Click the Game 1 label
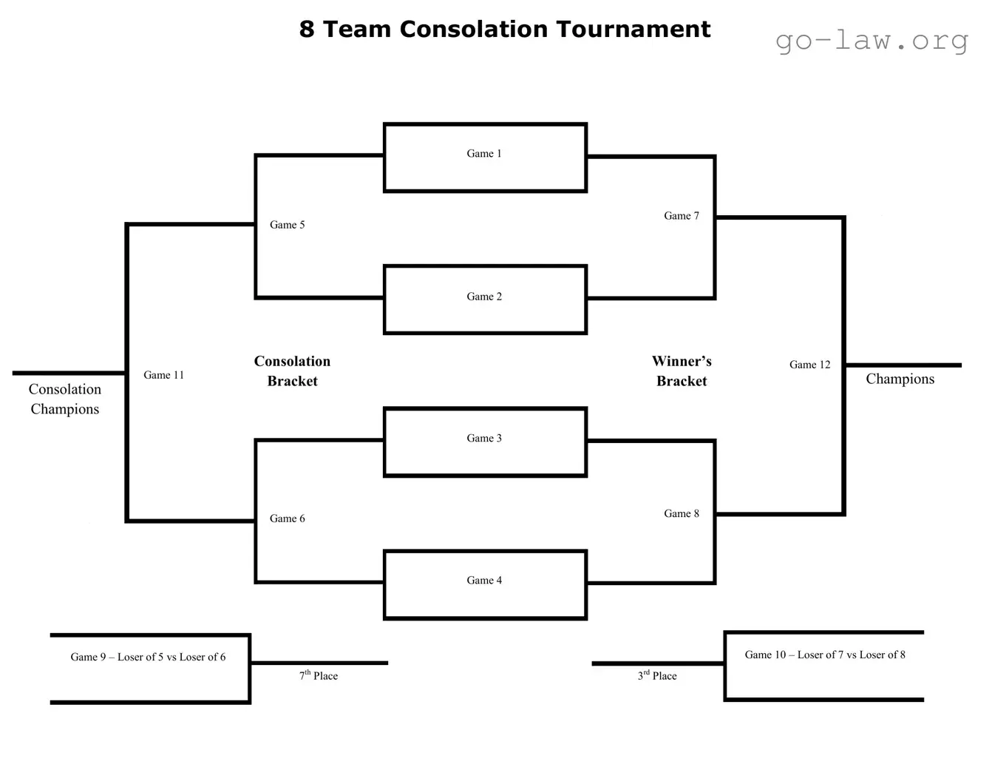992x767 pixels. pos(484,154)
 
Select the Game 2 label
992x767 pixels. pos(484,297)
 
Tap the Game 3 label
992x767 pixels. pos(484,439)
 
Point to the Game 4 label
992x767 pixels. pos(484,581)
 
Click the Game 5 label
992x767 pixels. pos(287,225)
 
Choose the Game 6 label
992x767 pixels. pos(287,518)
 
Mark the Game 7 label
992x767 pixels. pos(681,216)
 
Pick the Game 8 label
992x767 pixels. pos(681,513)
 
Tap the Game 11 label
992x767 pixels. pos(163,375)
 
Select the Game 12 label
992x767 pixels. pos(809,365)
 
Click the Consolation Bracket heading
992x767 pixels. pos(292,371)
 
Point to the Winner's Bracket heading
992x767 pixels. pos(682,371)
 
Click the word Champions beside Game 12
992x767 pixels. pos(900,379)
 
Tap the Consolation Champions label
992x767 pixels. pos(65,399)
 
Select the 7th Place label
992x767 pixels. pos(319,675)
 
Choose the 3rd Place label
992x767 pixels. pos(657,675)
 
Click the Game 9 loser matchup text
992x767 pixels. pos(148,657)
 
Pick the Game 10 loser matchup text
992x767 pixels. pos(824,655)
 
